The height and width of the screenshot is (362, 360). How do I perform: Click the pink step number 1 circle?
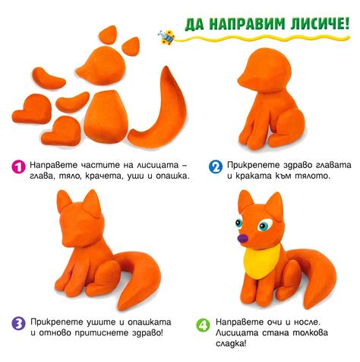click(x=17, y=166)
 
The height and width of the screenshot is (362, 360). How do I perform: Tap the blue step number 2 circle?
click(x=216, y=166)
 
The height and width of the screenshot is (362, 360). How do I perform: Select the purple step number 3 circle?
click(x=17, y=323)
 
